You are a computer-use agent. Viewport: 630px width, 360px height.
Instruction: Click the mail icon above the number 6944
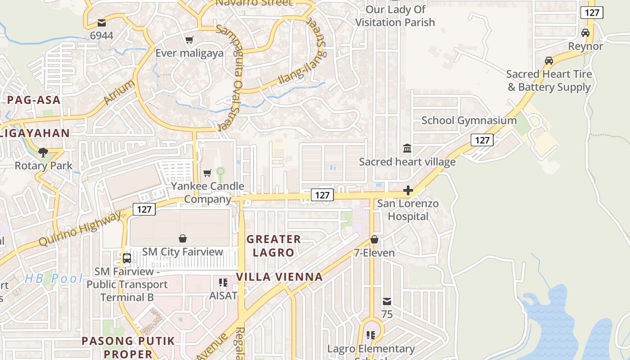tap(102, 22)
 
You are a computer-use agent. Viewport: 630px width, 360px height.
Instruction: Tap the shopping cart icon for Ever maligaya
tap(189, 40)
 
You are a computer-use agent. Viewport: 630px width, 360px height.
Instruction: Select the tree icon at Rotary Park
tap(43, 153)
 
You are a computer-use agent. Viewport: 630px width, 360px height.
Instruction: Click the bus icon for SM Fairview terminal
tap(127, 258)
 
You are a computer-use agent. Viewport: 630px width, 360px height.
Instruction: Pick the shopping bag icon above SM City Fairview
tap(183, 238)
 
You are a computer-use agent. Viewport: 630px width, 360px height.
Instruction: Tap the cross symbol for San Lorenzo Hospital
tap(408, 191)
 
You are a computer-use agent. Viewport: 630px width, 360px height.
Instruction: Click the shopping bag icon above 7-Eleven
tap(374, 239)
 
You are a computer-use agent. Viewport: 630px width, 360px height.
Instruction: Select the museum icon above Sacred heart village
tap(407, 148)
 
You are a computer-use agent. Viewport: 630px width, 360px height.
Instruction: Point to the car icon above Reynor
tap(585, 33)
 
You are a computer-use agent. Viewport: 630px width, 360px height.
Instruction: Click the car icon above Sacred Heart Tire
tap(549, 60)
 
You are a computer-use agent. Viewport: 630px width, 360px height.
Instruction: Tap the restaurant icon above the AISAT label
tap(222, 282)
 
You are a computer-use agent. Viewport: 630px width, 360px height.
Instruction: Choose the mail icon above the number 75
tap(387, 301)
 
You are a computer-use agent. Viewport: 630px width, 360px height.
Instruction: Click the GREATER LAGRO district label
tap(274, 246)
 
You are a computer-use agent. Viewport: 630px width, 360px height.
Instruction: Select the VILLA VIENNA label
tap(280, 277)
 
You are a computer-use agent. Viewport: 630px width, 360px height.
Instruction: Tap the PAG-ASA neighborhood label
tap(34, 100)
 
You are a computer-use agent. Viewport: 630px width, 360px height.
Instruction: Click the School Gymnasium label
tap(469, 121)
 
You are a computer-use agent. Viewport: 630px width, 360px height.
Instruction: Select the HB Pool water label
tap(54, 278)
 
